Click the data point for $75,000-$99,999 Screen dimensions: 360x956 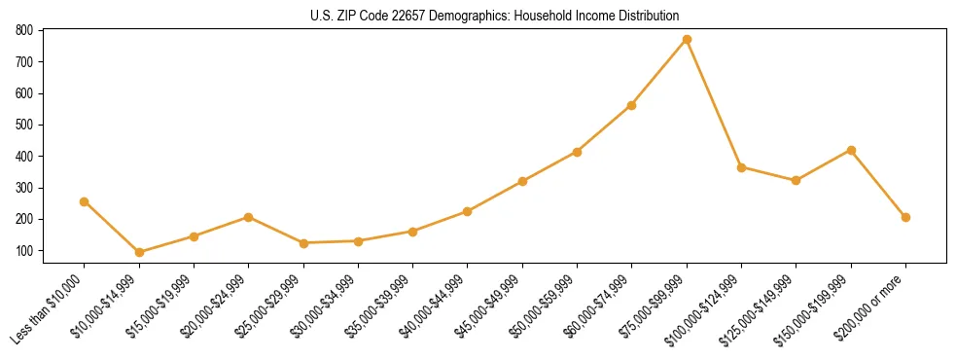[x=687, y=40]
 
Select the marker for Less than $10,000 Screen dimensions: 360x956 [x=85, y=201]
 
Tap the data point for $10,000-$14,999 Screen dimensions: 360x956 [x=139, y=252]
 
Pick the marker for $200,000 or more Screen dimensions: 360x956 [x=905, y=217]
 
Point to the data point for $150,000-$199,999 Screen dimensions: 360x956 [x=851, y=150]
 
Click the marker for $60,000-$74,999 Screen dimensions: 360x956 [x=632, y=105]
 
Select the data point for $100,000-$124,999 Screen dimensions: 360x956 [x=741, y=167]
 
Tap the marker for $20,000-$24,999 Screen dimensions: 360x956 [x=249, y=217]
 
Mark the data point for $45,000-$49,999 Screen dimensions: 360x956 [x=522, y=181]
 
